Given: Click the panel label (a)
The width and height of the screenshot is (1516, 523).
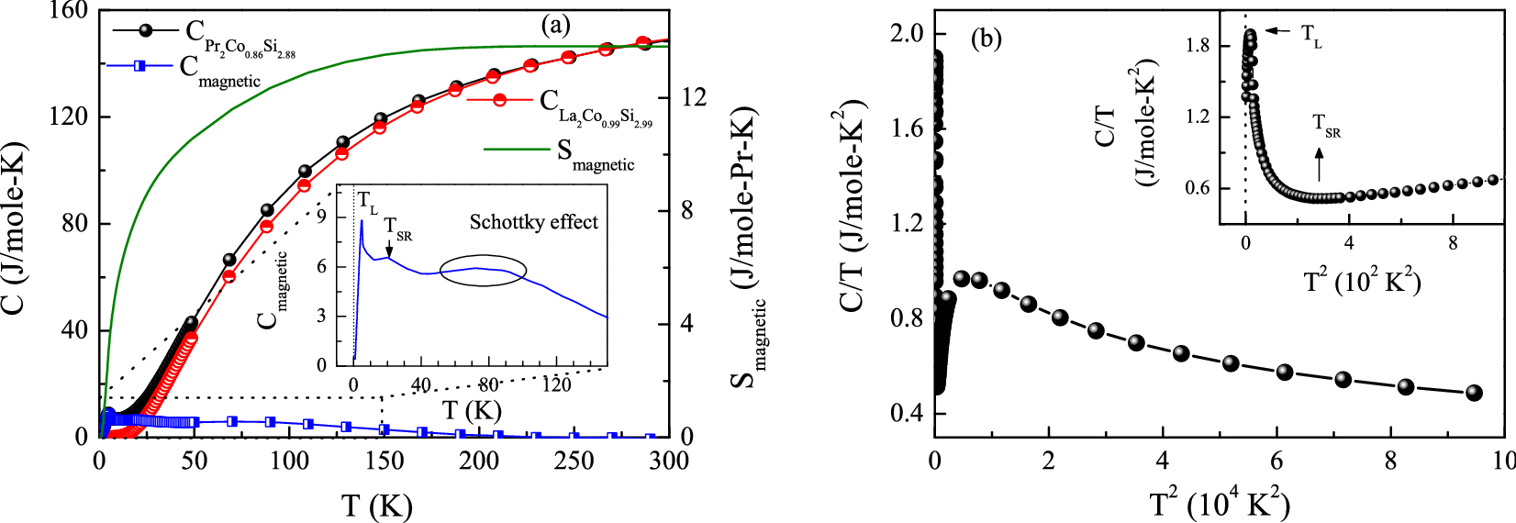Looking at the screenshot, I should tap(554, 25).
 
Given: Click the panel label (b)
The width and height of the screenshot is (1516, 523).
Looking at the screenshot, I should tap(986, 39).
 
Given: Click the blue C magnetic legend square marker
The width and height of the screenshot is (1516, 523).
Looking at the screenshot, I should tap(139, 66).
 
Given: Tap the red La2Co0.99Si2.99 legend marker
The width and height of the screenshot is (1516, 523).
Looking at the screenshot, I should tap(499, 100).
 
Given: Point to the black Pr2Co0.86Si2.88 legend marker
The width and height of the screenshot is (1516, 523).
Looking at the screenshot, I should tap(145, 29).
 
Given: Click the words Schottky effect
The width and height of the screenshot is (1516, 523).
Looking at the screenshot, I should tap(533, 222).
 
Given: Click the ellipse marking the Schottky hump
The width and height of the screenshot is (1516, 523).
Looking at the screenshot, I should tap(483, 269).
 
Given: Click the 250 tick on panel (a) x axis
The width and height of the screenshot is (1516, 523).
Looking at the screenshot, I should tap(574, 460).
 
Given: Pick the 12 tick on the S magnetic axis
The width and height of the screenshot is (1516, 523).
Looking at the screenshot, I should tap(694, 97).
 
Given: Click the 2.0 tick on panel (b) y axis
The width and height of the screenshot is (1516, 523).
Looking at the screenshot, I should tap(907, 34).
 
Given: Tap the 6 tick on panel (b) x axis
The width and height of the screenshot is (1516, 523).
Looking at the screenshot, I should tap(1276, 460).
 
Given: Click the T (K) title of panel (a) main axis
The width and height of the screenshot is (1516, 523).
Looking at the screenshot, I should tap(376, 505).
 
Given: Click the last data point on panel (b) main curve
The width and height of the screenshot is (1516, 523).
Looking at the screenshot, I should tap(1474, 393).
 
